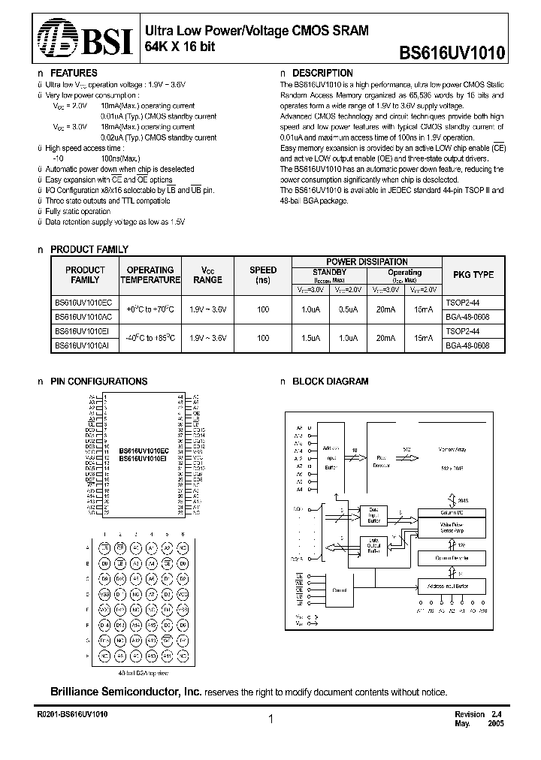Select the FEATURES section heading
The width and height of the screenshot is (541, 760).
coord(73,74)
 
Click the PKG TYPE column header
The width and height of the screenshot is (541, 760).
coord(473,275)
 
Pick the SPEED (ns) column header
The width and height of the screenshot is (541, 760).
coord(262,275)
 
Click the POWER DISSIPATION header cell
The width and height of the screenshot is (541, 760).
coord(367,261)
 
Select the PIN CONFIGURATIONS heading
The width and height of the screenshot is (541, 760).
coord(98,382)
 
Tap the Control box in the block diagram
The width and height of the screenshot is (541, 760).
coord(338,590)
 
